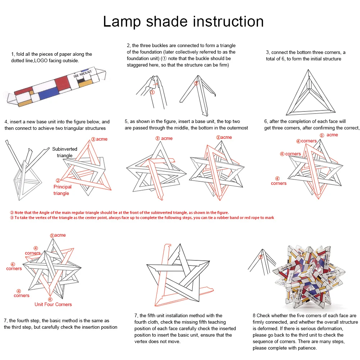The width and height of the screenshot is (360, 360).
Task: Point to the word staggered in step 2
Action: pos(138,65)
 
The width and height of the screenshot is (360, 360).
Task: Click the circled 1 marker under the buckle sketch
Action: pos(152,92)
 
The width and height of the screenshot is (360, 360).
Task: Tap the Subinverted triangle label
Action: pos(65,152)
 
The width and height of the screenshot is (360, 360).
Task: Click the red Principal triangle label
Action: pos(62,190)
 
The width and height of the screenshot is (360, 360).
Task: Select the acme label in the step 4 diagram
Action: pos(101,139)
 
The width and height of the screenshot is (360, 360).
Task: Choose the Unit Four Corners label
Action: pos(53,304)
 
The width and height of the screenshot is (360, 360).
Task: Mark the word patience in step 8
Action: pos(307,348)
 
